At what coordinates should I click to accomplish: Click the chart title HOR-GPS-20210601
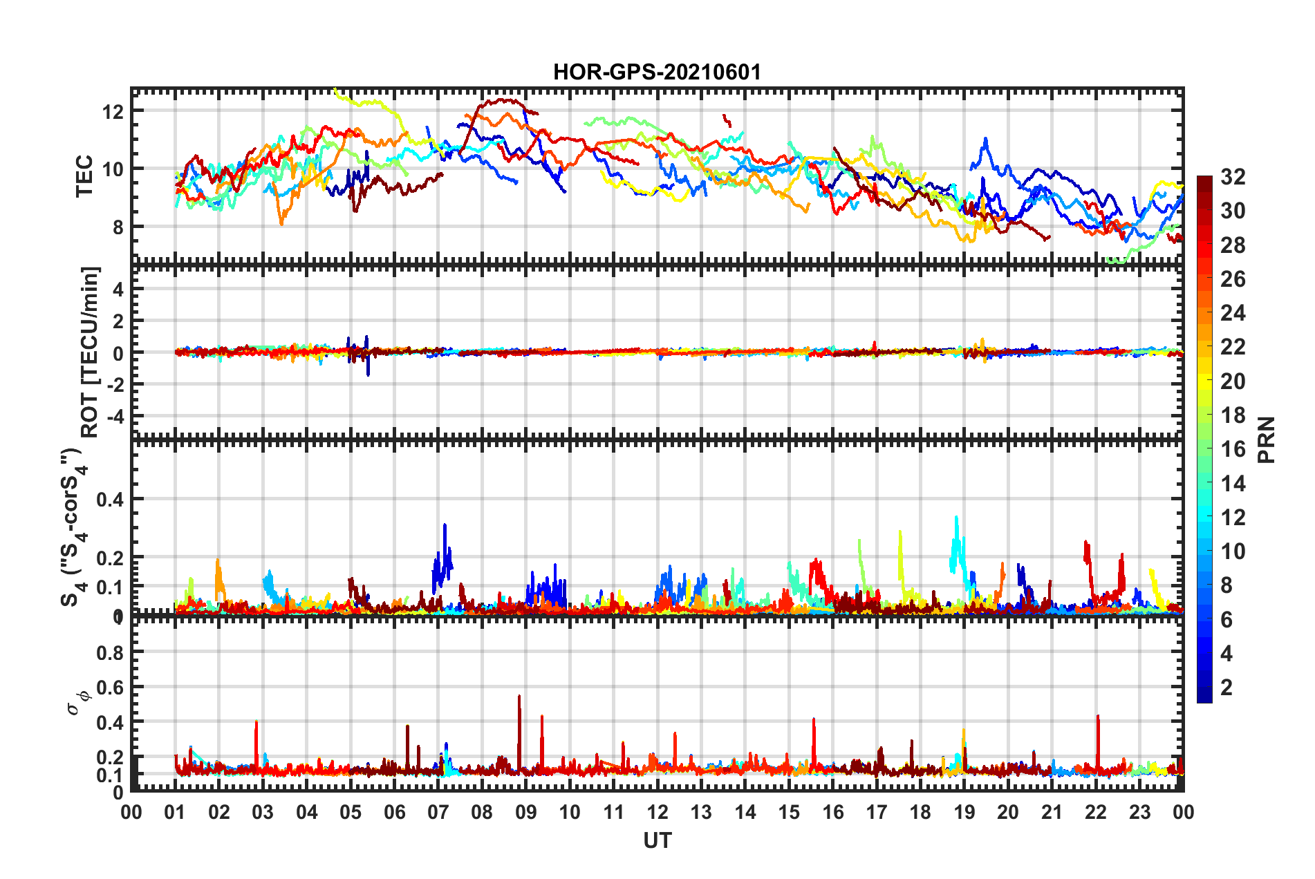657,72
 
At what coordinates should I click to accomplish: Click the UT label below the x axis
657,840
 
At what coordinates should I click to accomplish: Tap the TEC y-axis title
84,176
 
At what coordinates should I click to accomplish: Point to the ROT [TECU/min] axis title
90,352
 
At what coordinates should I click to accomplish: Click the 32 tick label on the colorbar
1233,177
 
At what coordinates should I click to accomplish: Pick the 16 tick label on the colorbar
1233,449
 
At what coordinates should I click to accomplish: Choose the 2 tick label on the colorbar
1227,687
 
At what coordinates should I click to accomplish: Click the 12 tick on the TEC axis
113,111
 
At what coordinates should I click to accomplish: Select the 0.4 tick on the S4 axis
110,499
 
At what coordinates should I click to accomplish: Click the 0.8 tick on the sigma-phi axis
110,652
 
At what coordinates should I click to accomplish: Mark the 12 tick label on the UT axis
657,812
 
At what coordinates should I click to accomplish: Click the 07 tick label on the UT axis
438,812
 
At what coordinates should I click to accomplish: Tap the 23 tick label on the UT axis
1139,812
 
